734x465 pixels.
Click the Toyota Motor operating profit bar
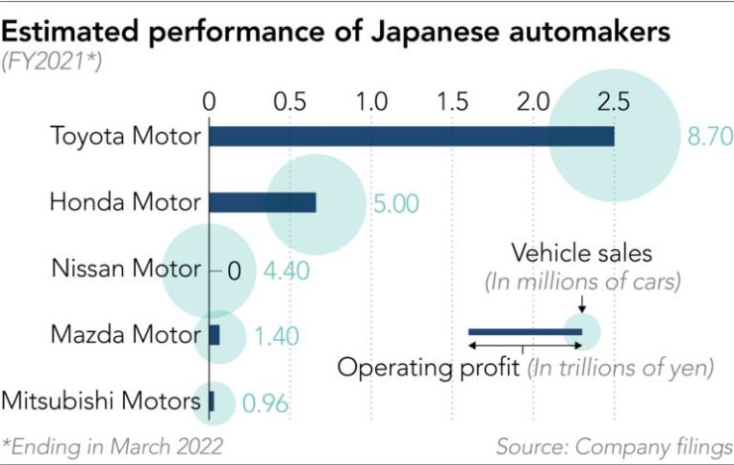(411, 136)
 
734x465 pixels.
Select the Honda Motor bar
(262, 202)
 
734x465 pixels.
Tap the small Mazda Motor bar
(214, 335)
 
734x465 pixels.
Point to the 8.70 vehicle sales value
(709, 137)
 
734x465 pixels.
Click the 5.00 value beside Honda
(396, 204)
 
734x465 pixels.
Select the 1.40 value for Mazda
(276, 336)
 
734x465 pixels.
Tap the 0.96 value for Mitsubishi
(266, 403)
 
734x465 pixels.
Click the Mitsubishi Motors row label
(99, 402)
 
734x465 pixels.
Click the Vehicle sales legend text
(581, 253)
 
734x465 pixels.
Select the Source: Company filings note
(614, 443)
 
